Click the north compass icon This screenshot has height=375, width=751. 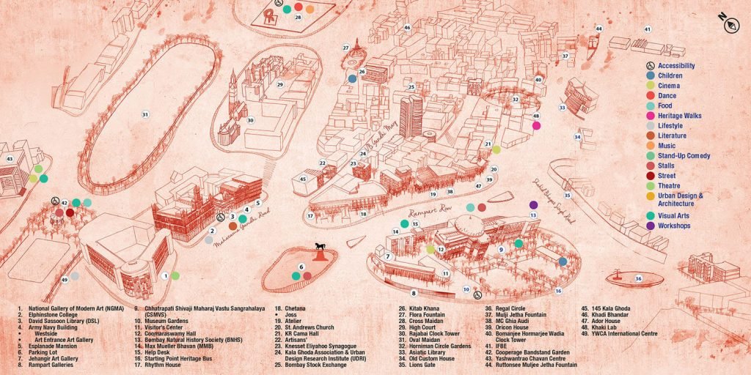pyautogui.click(x=730, y=22)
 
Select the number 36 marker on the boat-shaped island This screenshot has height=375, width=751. pyautogui.click(x=638, y=278)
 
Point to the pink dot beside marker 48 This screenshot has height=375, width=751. pyautogui.click(x=536, y=126)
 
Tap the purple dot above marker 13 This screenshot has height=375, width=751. pyautogui.click(x=533, y=204)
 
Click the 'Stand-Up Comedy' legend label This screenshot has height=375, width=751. pyautogui.click(x=684, y=155)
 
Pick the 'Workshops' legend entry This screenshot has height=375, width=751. pyautogui.click(x=674, y=226)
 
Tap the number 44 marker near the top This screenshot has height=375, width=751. pyautogui.click(x=599, y=29)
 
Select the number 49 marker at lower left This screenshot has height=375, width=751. pyautogui.click(x=65, y=280)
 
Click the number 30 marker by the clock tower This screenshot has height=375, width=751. pyautogui.click(x=250, y=121)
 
